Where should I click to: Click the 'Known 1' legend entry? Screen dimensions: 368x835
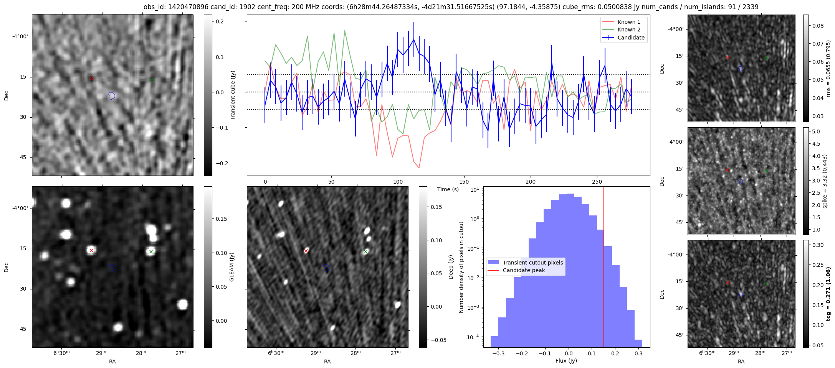[x=628, y=22]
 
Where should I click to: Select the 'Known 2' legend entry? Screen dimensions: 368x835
[x=628, y=30]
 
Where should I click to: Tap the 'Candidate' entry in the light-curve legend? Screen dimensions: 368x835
[x=631, y=38]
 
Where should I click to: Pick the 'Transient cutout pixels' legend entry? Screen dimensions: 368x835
[x=532, y=263]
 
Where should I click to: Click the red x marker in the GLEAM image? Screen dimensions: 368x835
[x=91, y=250]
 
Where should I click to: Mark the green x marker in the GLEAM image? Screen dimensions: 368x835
[x=151, y=252]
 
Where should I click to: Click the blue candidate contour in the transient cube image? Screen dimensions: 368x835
[x=112, y=95]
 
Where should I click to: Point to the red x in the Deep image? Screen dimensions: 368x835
[x=306, y=251]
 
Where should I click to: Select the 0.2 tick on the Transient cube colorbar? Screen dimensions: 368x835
[x=220, y=21]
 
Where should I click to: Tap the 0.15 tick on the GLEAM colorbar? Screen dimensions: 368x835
[x=222, y=219]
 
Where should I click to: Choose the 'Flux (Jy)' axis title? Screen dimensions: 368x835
[x=566, y=361]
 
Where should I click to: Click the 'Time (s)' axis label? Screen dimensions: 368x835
[x=448, y=189]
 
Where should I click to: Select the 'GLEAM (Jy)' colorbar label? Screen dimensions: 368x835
[x=231, y=267]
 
